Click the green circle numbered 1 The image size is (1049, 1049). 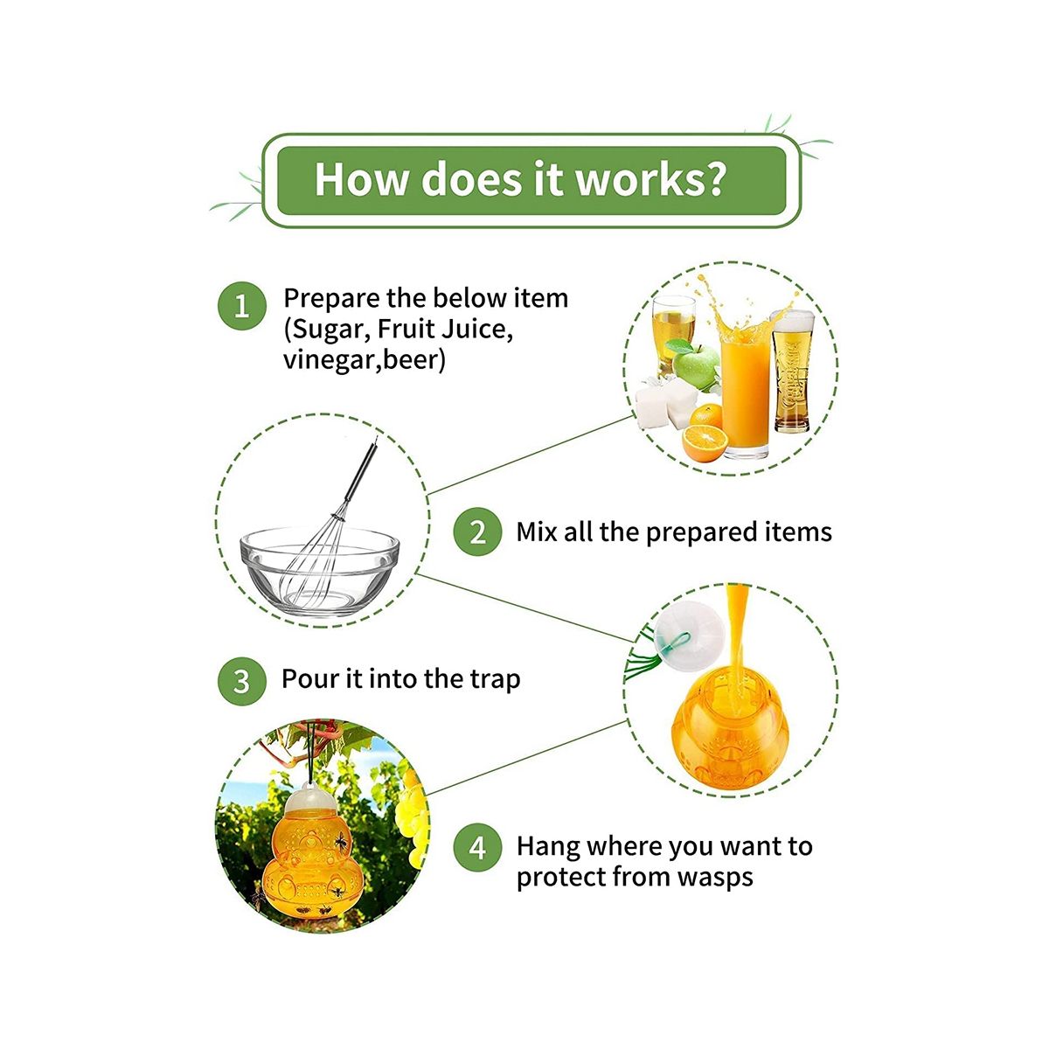(241, 306)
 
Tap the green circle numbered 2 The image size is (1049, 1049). (477, 531)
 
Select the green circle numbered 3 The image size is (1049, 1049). (241, 681)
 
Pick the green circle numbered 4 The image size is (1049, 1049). (477, 847)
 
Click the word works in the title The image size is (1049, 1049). (633, 179)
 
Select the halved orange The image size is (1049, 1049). (705, 442)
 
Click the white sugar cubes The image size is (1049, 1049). (667, 403)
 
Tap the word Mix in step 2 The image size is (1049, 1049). (536, 531)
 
